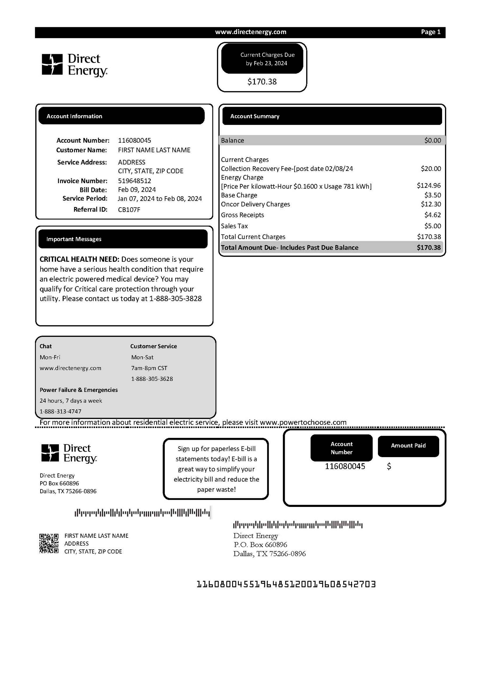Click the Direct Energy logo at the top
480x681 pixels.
pos(74,65)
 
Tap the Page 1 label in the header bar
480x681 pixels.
pos(430,32)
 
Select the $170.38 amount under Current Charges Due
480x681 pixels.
pos(262,81)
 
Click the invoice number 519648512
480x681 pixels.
pos(134,180)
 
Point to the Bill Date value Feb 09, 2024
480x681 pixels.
pos(137,190)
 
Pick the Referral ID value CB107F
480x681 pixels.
pos(129,210)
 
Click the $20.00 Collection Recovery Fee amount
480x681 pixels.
pos(431,169)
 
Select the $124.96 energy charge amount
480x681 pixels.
pos(429,185)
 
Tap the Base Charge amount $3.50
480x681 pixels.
pos(433,195)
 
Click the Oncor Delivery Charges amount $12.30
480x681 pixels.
pos(431,204)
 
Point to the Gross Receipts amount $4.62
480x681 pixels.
pos(433,215)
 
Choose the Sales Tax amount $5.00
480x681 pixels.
pos(433,226)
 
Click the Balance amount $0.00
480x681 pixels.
pos(433,140)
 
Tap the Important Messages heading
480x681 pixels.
pos(74,239)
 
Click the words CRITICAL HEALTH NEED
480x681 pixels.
pos(79,259)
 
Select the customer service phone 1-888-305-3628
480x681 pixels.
pos(152,379)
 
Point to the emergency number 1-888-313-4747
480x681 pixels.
pos(60,411)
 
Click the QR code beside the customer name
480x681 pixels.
pos(49,543)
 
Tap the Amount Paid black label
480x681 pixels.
pos(408,445)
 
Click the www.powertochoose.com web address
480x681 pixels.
pos(303,422)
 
